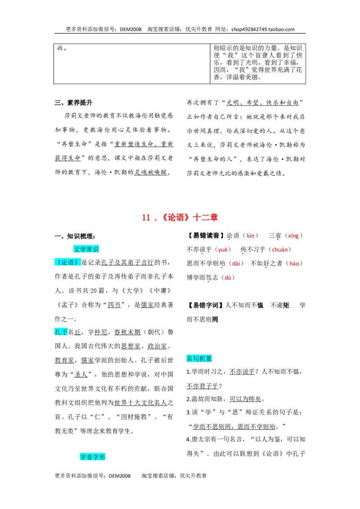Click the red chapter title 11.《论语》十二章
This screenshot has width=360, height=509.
tap(180, 217)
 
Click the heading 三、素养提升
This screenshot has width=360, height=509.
tap(73, 103)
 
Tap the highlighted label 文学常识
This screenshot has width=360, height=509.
tap(86, 249)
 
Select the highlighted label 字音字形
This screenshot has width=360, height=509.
tap(93, 457)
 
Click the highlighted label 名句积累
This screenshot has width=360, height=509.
tap(199, 359)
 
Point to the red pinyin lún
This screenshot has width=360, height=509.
tap(251, 236)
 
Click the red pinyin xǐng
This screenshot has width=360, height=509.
tap(293, 236)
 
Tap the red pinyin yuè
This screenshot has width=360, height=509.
tap(223, 250)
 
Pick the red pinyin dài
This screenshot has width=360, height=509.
tap(236, 263)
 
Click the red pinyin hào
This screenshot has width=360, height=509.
tap(294, 263)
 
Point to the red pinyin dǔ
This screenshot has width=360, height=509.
tap(228, 277)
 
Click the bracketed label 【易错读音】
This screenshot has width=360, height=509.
tap(206, 236)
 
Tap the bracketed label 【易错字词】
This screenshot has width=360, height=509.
tap(206, 305)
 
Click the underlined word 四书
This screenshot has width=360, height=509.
tap(114, 305)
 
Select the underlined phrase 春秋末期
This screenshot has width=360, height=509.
tap(127, 332)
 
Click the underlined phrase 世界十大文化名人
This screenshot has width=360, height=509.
tap(140, 402)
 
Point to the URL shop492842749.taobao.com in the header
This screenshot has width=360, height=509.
tap(263, 29)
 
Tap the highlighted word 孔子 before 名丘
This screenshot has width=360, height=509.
tap(61, 332)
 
